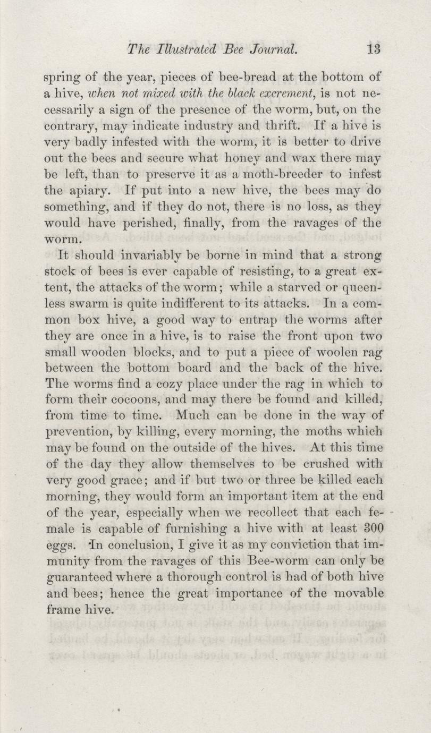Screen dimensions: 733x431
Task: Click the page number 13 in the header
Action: [374, 50]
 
